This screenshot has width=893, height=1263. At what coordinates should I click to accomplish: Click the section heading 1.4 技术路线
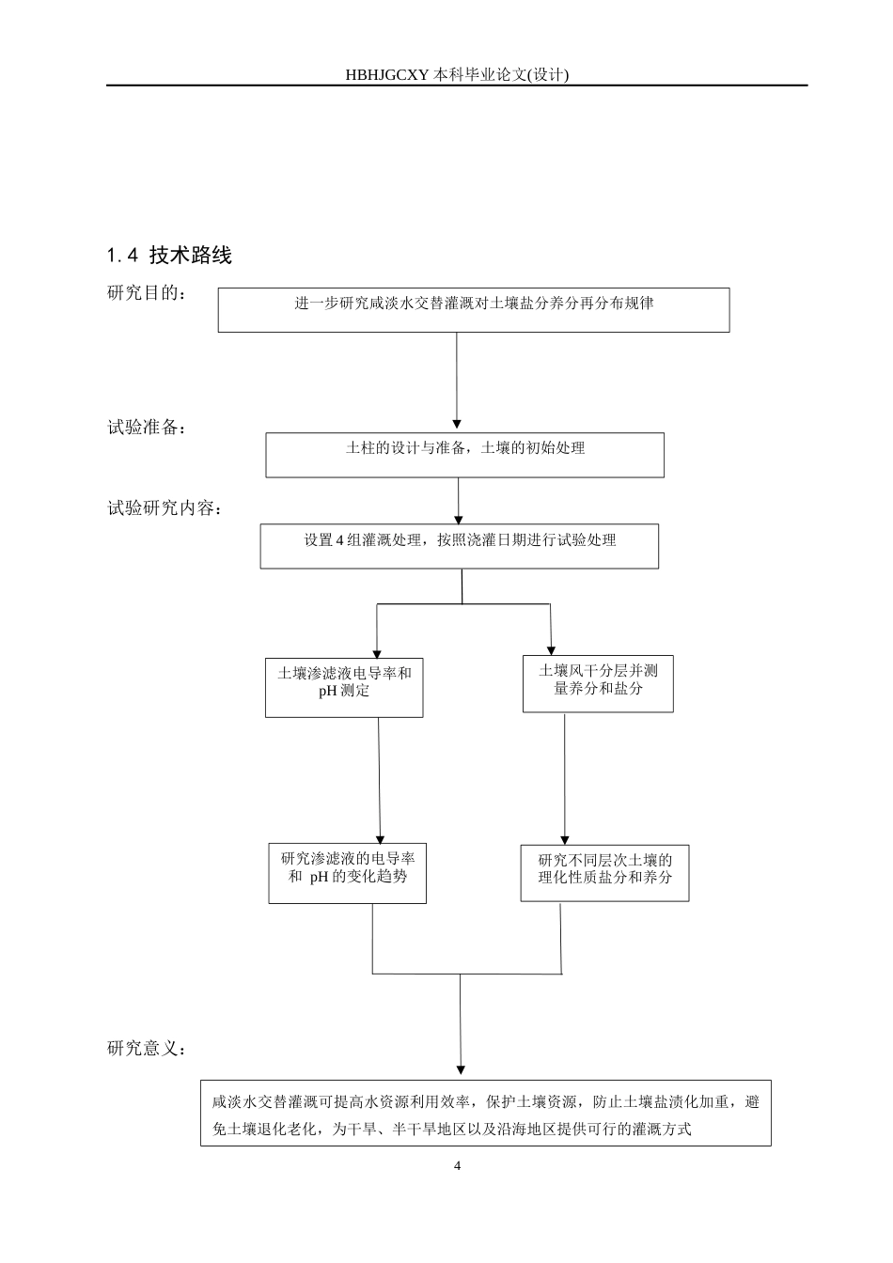point(169,255)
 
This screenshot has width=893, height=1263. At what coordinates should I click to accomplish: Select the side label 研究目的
point(147,293)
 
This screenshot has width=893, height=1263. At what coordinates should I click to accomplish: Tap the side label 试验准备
point(147,428)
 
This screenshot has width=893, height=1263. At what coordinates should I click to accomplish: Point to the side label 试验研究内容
point(165,509)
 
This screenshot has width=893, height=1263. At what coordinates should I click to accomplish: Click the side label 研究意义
point(147,1047)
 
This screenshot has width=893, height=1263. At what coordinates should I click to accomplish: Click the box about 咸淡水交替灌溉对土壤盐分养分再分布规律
point(474,310)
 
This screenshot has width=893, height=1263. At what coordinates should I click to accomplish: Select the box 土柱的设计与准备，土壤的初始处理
point(464,455)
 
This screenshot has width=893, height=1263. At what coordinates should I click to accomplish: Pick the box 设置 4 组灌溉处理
point(459,546)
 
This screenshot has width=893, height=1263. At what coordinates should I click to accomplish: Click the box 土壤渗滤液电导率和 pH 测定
point(344,688)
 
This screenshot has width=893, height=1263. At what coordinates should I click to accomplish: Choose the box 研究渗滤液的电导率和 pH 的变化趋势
point(347,873)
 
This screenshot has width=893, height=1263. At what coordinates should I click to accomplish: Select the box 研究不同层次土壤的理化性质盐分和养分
point(604,873)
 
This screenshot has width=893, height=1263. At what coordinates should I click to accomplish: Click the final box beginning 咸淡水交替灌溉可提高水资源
point(485,1113)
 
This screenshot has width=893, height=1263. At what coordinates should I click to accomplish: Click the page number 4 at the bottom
point(458,1166)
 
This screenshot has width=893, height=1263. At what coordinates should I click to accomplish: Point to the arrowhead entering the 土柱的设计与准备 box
point(457,426)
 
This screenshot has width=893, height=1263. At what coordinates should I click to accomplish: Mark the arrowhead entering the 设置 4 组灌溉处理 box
point(459,518)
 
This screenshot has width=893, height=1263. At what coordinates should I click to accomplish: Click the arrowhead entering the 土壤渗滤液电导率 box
point(377,653)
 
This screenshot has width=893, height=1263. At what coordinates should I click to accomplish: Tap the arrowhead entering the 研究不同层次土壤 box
point(565,839)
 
